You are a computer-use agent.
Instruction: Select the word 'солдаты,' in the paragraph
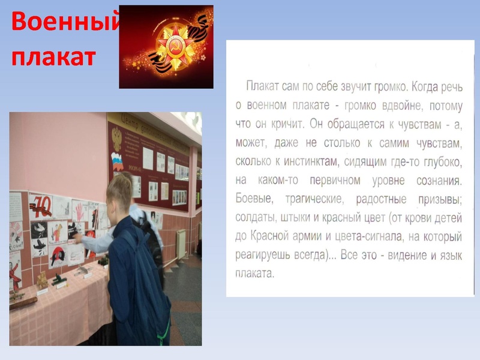tap(256, 218)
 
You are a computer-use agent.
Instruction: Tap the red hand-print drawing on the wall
tap(79, 210)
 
